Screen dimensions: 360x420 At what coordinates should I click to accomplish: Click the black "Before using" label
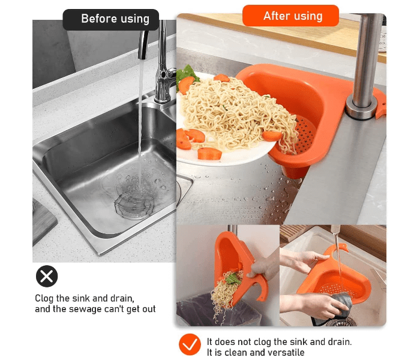tap(111, 19)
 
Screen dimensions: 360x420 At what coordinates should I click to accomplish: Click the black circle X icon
tap(47, 276)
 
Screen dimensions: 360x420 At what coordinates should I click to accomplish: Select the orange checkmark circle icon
tap(190, 344)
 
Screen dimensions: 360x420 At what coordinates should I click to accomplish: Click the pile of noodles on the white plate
tap(231, 111)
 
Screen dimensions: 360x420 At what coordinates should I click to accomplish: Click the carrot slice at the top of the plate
tap(221, 77)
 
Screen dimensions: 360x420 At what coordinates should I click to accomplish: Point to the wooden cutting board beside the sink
tap(43, 220)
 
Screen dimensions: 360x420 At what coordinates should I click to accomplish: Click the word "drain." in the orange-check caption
tap(340, 342)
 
